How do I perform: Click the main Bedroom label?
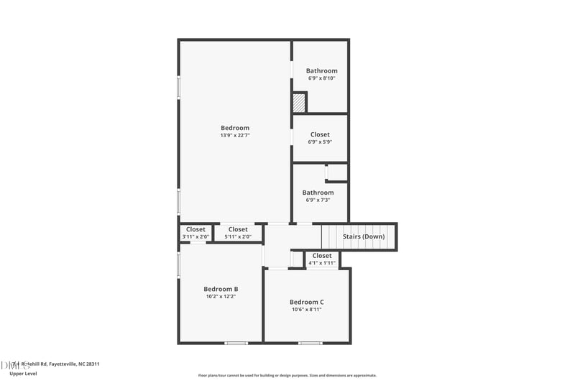click(235, 128)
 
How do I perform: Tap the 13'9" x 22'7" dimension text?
click(235, 135)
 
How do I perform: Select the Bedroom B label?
click(221, 289)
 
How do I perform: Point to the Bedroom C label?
click(307, 302)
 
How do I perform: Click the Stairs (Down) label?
click(364, 236)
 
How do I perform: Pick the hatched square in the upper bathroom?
click(299, 103)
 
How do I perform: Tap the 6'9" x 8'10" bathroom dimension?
click(321, 78)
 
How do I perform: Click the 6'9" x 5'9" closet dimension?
click(320, 142)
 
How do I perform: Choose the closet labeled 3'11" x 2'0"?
click(195, 236)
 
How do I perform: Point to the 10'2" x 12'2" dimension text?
click(221, 296)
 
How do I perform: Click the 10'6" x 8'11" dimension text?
click(307, 310)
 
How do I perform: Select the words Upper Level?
click(24, 374)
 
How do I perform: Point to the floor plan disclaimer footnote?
click(287, 375)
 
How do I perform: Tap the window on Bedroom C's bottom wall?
click(310, 343)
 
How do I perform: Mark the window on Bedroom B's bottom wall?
click(236, 343)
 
